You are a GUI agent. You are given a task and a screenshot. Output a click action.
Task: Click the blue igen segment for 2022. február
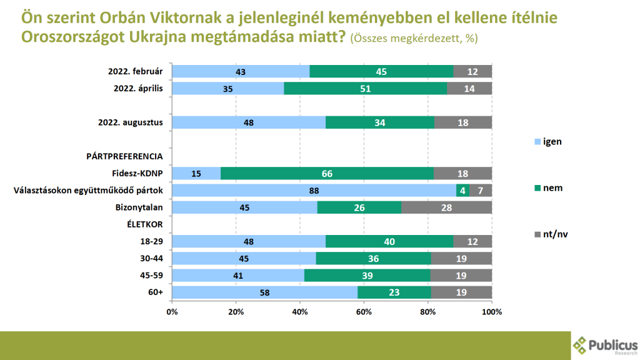pyautogui.click(x=241, y=72)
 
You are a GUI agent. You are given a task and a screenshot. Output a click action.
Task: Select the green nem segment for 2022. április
pyautogui.click(x=366, y=89)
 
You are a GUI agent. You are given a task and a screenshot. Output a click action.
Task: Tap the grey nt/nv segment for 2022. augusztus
pyautogui.click(x=463, y=122)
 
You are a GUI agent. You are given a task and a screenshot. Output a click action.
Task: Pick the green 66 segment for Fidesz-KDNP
pyautogui.click(x=327, y=173)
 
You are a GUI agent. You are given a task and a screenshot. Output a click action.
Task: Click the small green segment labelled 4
pyautogui.click(x=463, y=190)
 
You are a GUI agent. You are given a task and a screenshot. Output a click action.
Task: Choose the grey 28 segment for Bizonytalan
pyautogui.click(x=446, y=207)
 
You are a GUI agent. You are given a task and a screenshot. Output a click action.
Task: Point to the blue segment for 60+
pyautogui.click(x=264, y=292)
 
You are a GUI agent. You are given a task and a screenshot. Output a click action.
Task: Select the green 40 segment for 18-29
pyautogui.click(x=389, y=241)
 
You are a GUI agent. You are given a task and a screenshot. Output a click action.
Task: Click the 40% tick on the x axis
pyautogui.click(x=300, y=311)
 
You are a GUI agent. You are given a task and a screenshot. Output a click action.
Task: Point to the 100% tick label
pyautogui.click(x=492, y=311)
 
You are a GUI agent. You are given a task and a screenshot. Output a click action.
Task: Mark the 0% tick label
pyautogui.click(x=172, y=311)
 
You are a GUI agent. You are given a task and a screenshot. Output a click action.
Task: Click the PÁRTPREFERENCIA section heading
pyautogui.click(x=124, y=156)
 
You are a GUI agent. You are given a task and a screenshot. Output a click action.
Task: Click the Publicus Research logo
pyautogui.click(x=605, y=344)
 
